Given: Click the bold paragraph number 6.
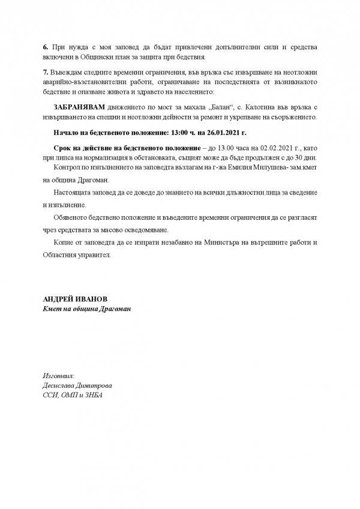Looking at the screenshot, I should (x=45, y=46).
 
